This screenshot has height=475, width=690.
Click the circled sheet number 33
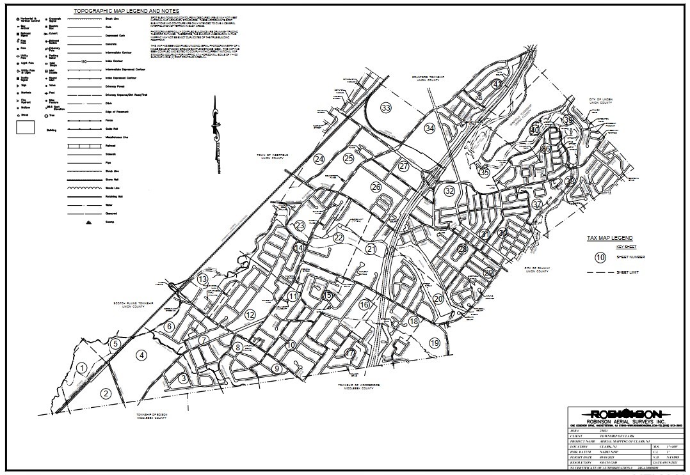tap(385, 107)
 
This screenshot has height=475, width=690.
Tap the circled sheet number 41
tap(497, 84)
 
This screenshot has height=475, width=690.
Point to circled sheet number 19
tap(435, 343)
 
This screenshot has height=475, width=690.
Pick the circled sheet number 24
tap(319, 159)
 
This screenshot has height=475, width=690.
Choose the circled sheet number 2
tap(105, 393)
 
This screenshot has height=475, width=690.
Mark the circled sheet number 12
tap(250, 314)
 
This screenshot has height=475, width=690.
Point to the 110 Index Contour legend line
tap(83, 62)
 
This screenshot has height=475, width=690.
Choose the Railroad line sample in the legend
tap(83, 146)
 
